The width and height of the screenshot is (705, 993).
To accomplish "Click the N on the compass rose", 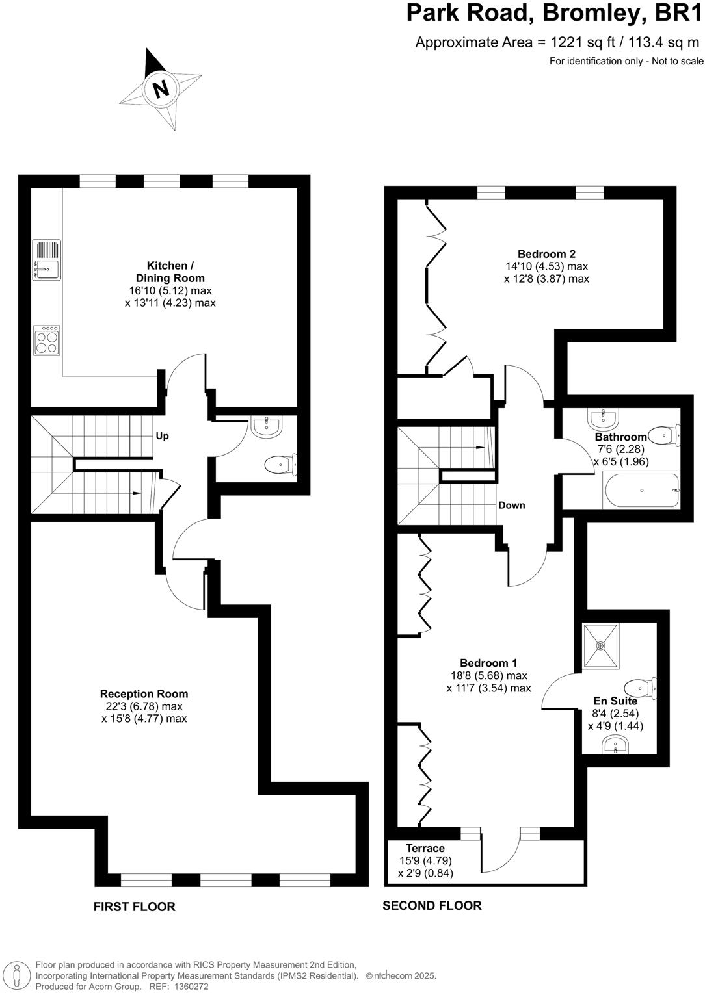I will pos(161,88).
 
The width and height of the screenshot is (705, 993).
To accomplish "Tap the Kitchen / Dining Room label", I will pos(170,272).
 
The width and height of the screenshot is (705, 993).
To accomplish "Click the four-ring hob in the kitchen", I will pos(47,340).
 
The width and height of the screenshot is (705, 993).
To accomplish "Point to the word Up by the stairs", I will pos(162,436).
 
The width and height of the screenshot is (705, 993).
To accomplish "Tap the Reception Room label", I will pos(144,694).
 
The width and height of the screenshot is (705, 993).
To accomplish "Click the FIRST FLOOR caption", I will pos(134,907).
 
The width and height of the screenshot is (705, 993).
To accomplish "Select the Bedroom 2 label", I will pos(546,254).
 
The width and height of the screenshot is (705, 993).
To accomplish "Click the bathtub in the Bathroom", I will pos(641,490).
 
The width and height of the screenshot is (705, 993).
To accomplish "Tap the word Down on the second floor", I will pos(512,506).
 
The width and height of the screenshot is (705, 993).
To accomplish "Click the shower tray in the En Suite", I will pos(601,646).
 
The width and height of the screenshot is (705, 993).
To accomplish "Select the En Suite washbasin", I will pos(615,745).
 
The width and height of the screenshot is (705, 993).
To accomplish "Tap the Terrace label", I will pos(425,848).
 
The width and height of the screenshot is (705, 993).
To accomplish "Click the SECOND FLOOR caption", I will pos(432,905).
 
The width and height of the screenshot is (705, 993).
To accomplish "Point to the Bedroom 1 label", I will pos(488,663).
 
